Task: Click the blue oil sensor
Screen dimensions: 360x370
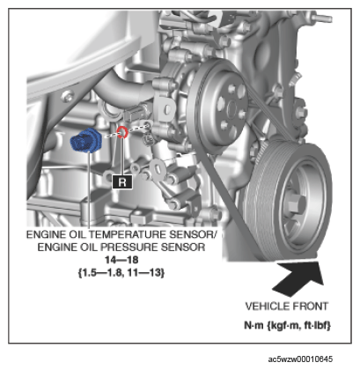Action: coord(86,140)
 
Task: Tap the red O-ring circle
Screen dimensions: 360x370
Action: coord(122,132)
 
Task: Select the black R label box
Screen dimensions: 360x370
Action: coord(122,182)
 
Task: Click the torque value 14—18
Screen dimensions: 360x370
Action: coord(121,260)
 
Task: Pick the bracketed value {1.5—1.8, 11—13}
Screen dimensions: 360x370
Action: coord(121,273)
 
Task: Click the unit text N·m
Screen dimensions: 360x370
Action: coord(253,325)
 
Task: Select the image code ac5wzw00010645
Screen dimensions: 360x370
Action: coord(300,359)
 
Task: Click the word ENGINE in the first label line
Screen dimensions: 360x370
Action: coord(46,234)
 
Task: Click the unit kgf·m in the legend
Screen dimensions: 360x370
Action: coord(283,325)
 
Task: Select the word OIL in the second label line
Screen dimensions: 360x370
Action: coord(89,248)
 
